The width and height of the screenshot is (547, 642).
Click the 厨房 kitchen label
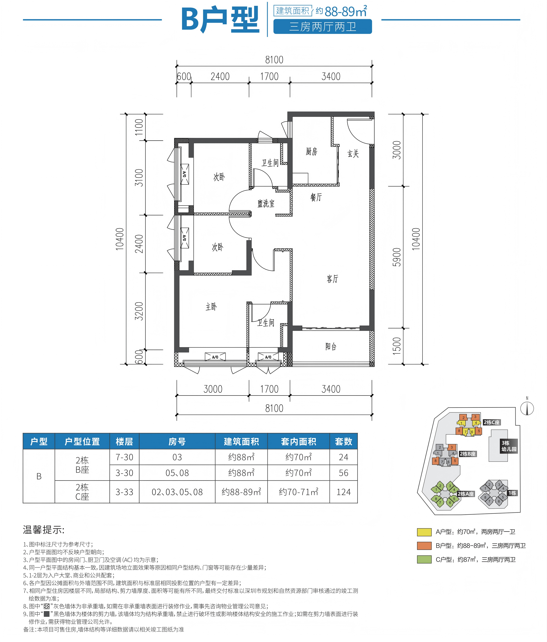(x=311, y=151)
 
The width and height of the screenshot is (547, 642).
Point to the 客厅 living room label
(x=332, y=279)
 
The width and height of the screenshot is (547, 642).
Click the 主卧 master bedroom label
(x=211, y=307)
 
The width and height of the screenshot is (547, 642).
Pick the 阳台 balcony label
(x=331, y=346)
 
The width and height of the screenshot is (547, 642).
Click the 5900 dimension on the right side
(x=397, y=257)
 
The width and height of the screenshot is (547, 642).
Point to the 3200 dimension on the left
(x=139, y=311)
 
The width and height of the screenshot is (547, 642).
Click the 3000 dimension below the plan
(x=213, y=389)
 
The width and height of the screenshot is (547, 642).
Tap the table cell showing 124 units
(x=344, y=492)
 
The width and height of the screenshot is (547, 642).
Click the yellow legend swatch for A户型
(x=424, y=532)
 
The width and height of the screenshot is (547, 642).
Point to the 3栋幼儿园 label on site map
(x=509, y=446)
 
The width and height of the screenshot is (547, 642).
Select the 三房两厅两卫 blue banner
(x=322, y=27)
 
